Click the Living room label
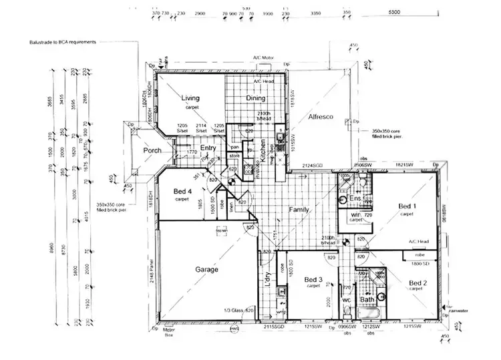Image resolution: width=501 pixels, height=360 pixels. pyautogui.click(x=190, y=98)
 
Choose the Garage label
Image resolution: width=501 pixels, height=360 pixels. pyautogui.click(x=207, y=269)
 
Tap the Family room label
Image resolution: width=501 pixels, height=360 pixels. pyautogui.click(x=299, y=210)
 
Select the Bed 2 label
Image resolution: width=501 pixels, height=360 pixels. pyautogui.click(x=419, y=282)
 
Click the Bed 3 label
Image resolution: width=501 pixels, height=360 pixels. pyautogui.click(x=313, y=279)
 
